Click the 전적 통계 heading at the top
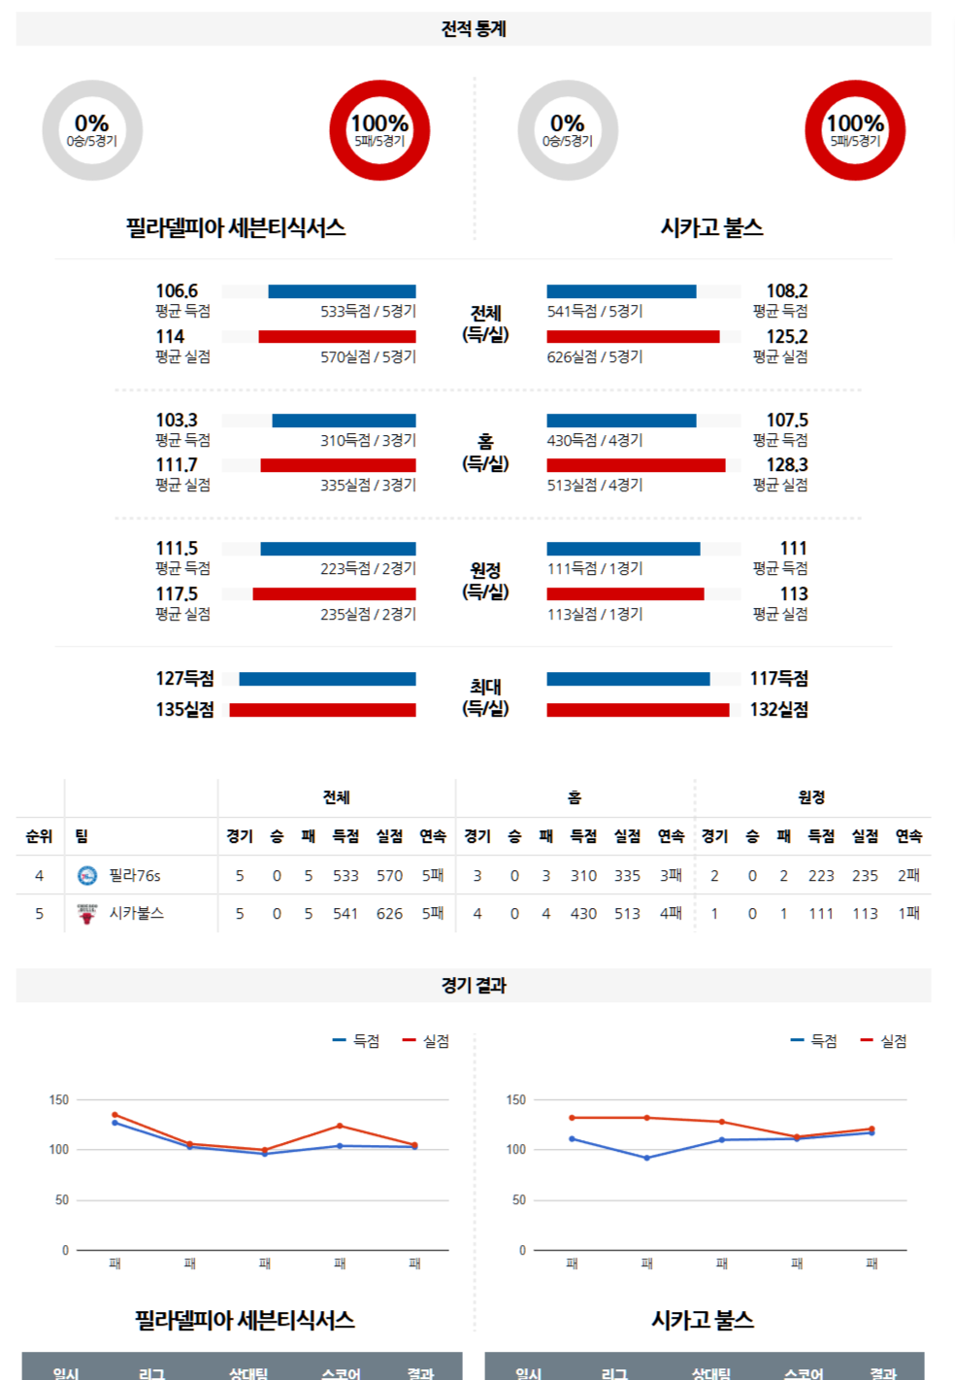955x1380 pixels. click(x=474, y=29)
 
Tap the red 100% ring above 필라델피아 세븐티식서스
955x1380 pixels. click(x=379, y=130)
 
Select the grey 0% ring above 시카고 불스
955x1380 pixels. click(x=568, y=130)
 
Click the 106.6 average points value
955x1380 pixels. click(x=177, y=291)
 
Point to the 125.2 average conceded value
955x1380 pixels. click(x=786, y=337)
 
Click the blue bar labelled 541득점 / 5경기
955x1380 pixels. click(x=621, y=291)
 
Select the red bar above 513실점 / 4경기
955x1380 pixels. click(x=636, y=465)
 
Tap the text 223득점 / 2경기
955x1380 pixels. click(x=368, y=569)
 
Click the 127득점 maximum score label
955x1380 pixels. click(x=184, y=679)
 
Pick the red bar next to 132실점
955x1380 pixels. click(x=638, y=710)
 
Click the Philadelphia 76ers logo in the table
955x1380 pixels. click(x=87, y=876)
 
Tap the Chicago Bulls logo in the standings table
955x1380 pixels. click(x=87, y=914)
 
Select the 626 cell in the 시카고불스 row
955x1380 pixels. click(x=389, y=914)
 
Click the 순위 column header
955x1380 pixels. click(x=39, y=836)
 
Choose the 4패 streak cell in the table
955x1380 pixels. click(x=671, y=914)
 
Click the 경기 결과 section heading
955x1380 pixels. click(x=474, y=986)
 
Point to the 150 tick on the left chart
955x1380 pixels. click(x=59, y=1100)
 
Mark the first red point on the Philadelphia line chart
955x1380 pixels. click(x=115, y=1115)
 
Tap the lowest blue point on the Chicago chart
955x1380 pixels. click(x=647, y=1158)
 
